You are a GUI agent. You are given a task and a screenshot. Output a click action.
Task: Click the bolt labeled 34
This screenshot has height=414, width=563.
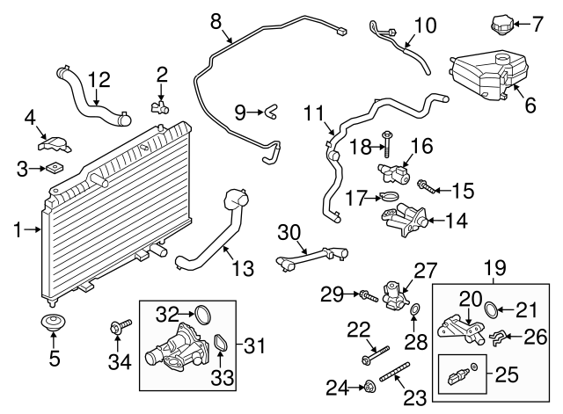pos(118,330)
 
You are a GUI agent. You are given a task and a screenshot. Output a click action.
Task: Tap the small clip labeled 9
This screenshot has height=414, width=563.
pos(272,111)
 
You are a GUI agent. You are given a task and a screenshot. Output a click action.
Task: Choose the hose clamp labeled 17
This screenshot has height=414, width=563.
pos(391,197)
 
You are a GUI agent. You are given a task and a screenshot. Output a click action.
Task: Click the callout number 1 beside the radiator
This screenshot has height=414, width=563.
pos(18,230)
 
